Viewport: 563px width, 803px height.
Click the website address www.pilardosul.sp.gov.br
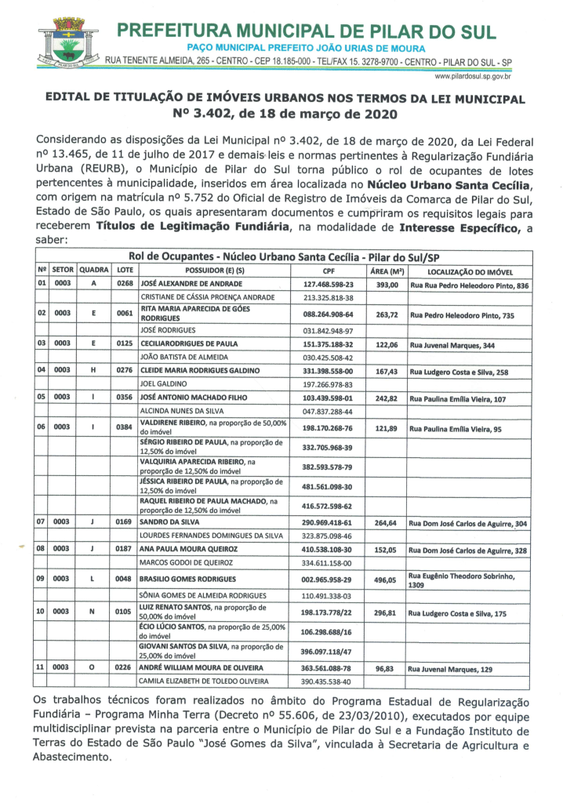coord(473,76)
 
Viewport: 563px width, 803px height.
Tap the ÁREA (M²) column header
coord(386,270)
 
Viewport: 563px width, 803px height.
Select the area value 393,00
coord(387,284)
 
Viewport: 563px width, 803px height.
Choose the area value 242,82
coord(387,398)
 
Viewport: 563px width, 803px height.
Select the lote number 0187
coord(124,549)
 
